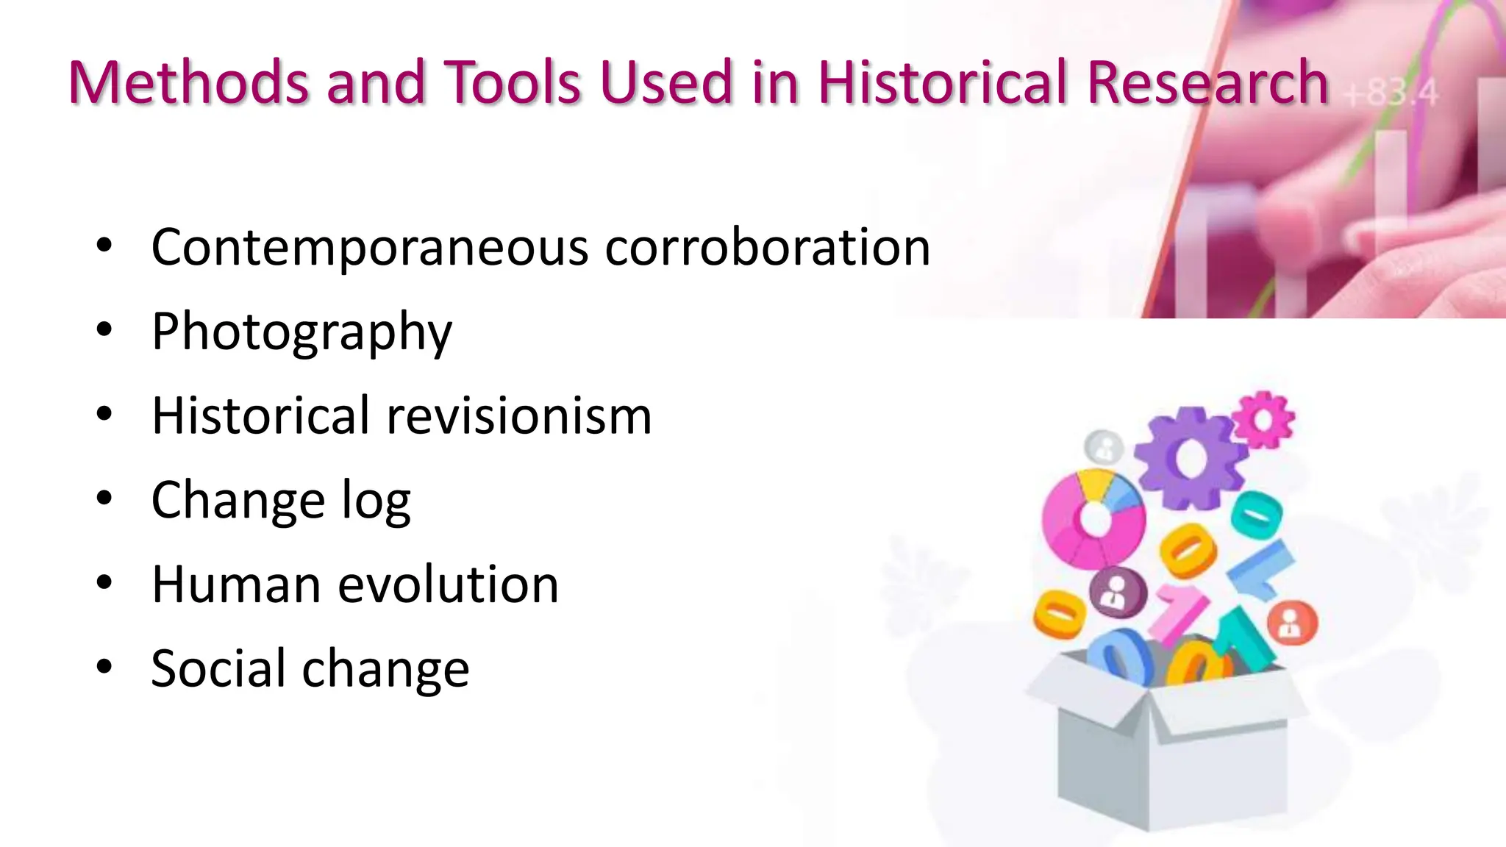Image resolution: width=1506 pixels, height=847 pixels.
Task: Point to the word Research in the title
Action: point(1207,82)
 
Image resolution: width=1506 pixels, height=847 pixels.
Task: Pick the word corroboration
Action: point(768,248)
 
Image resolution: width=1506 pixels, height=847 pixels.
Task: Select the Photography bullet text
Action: point(301,332)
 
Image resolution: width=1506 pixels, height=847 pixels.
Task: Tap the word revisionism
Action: point(519,416)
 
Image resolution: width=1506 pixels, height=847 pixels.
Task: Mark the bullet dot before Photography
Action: point(104,330)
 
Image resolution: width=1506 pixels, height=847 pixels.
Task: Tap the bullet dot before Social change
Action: point(104,667)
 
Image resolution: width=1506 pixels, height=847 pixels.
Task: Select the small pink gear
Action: point(1263,419)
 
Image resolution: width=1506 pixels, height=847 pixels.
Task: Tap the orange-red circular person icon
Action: point(1292,623)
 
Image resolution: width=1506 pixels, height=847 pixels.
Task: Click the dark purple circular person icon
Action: point(1118,592)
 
